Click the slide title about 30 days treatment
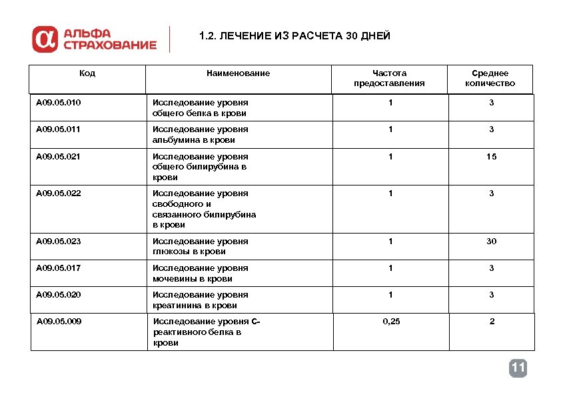click(x=294, y=36)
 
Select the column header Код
click(x=87, y=73)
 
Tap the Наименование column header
click(x=238, y=73)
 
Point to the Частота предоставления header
click(x=389, y=78)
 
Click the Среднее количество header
click(x=490, y=78)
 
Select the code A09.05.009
click(x=59, y=322)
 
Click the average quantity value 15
click(x=491, y=156)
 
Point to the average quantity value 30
click(x=491, y=241)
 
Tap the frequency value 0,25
click(x=391, y=322)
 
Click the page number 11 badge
click(x=518, y=368)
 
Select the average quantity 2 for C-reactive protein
click(x=492, y=322)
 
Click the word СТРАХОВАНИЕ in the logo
click(x=110, y=45)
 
